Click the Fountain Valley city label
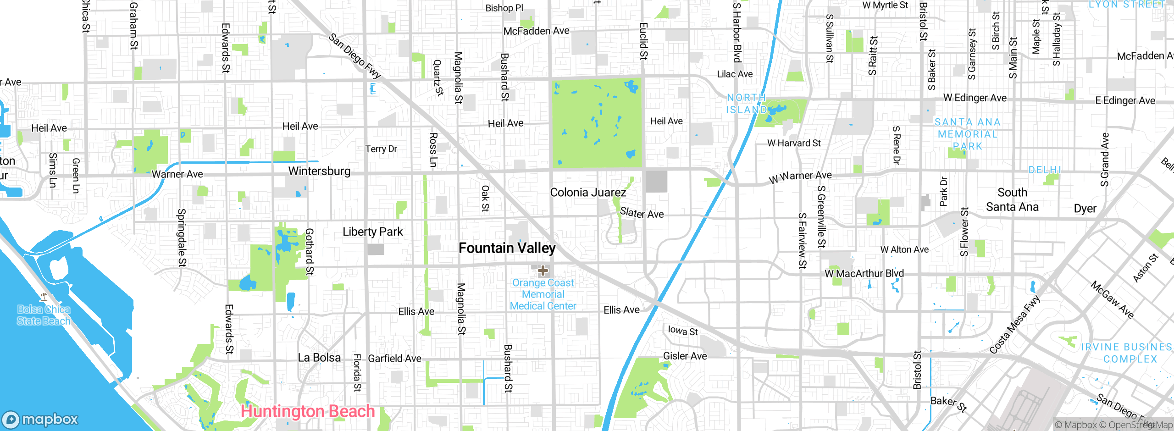click(x=507, y=248)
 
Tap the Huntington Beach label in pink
click(x=308, y=411)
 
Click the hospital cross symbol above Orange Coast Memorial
click(x=543, y=271)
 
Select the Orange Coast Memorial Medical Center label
click(x=543, y=294)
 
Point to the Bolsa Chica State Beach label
click(x=44, y=315)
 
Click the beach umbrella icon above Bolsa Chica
click(x=44, y=297)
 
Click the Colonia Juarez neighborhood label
click(x=588, y=193)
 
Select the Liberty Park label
click(x=372, y=232)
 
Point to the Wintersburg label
click(x=319, y=171)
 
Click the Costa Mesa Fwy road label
click(x=1014, y=325)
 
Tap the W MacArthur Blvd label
click(x=864, y=274)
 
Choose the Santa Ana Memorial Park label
click(x=967, y=134)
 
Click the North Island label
click(x=747, y=104)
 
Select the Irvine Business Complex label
click(x=1127, y=353)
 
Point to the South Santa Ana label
click(x=1012, y=199)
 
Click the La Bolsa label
click(x=319, y=358)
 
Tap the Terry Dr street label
click(x=381, y=149)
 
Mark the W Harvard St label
click(x=794, y=143)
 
